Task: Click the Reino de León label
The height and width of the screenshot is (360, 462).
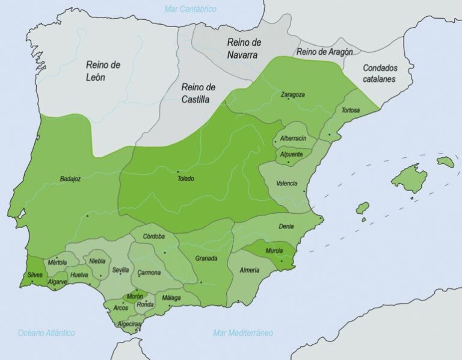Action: coord(103,70)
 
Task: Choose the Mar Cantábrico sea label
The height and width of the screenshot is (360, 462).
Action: coord(190,9)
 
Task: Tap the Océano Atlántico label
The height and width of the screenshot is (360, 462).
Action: coord(46,332)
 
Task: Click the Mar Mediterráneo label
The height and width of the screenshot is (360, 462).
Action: coord(243,332)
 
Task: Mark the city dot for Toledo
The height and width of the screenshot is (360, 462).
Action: coord(178,172)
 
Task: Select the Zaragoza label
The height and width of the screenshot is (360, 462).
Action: coord(292,95)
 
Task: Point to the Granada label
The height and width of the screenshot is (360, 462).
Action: coord(206,258)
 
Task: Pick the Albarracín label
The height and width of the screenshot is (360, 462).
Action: coord(294,138)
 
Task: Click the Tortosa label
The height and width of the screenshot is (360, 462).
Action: coord(351,111)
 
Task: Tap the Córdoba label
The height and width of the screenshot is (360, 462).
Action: coord(154,236)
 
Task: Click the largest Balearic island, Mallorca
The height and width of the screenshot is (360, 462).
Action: coord(410,178)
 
